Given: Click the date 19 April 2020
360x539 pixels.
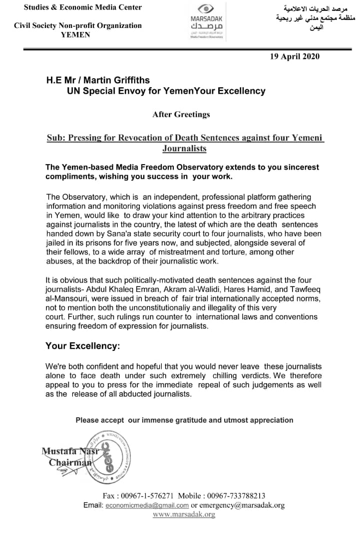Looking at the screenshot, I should click(295, 56).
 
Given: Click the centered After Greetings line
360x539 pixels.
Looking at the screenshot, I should click(181, 114).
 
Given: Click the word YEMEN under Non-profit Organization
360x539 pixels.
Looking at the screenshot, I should click(75, 35).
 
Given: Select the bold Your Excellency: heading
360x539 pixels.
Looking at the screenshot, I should click(82, 346).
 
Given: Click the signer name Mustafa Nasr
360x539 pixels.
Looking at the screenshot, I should click(71, 452).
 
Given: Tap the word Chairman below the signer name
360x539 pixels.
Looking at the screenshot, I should click(70, 463).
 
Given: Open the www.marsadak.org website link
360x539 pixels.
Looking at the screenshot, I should click(184, 515).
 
